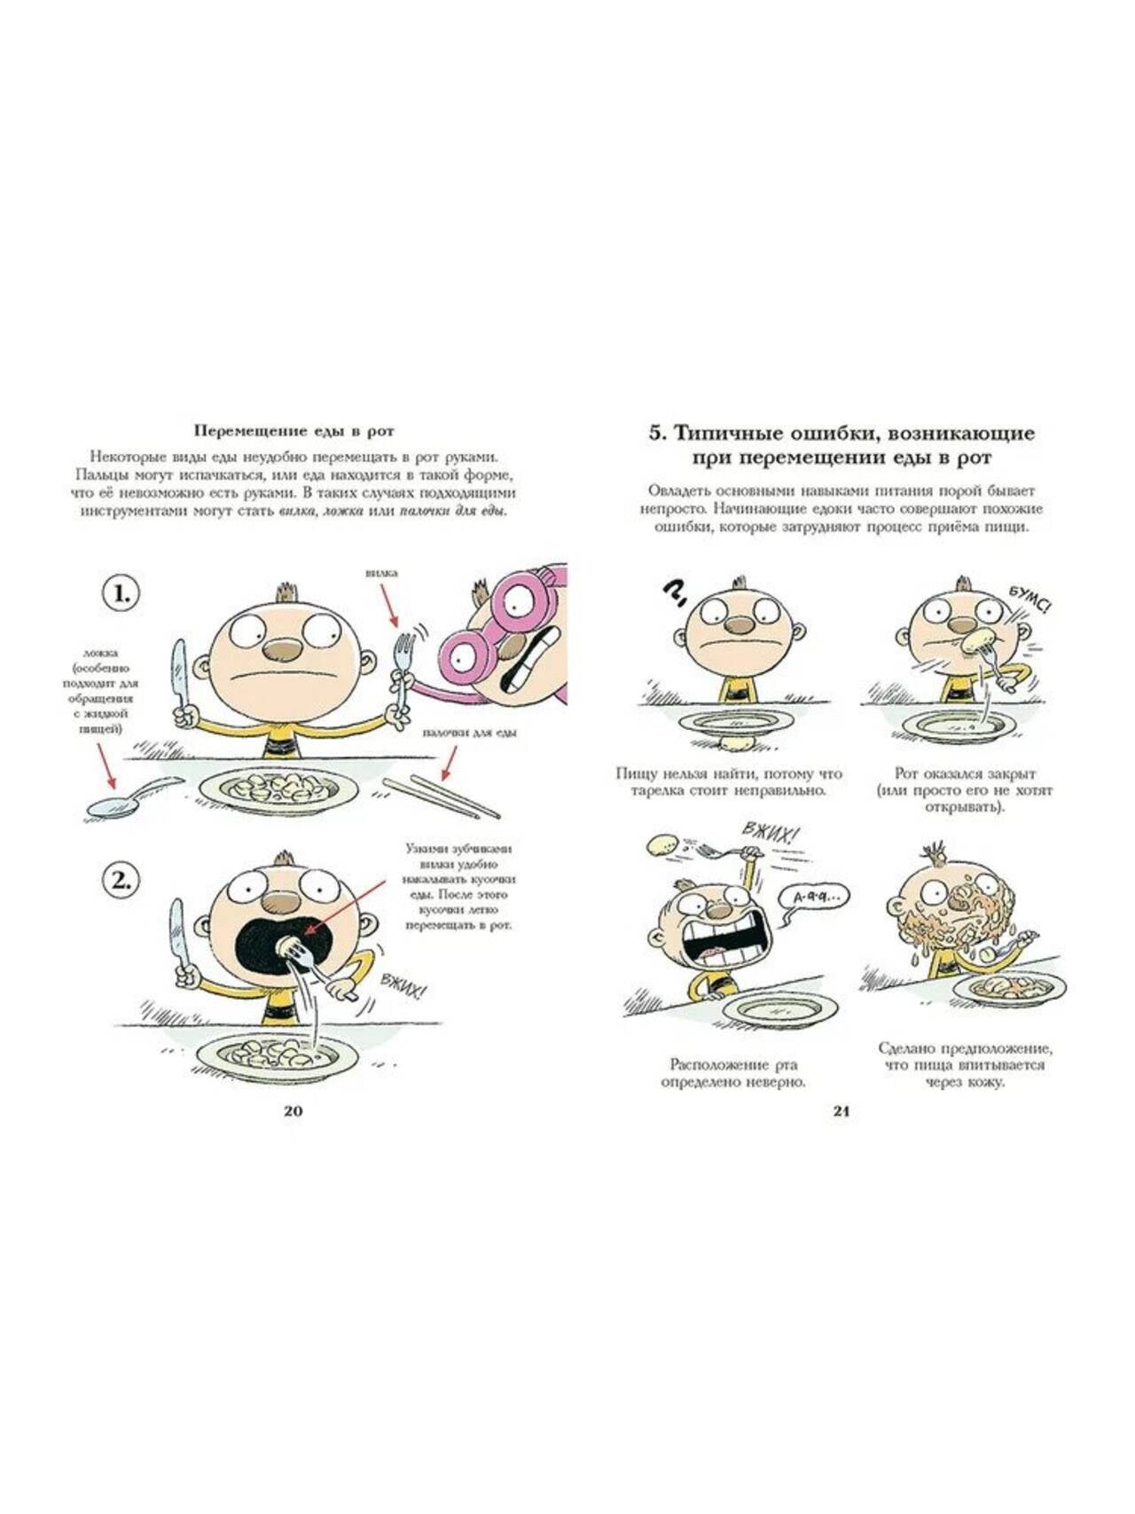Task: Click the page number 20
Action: (x=293, y=1111)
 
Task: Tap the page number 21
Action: (x=841, y=1111)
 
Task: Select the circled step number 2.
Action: (x=121, y=881)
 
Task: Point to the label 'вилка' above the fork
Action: (x=381, y=573)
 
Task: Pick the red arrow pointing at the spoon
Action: (x=103, y=765)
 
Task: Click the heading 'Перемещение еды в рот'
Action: (x=294, y=431)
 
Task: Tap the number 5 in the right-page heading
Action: (x=656, y=434)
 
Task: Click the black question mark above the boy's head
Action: (x=674, y=592)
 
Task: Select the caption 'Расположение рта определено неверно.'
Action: (x=732, y=1073)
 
